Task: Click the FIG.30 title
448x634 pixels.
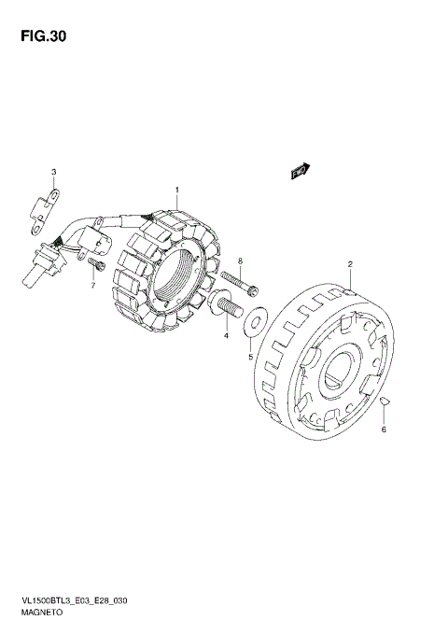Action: pos(43,36)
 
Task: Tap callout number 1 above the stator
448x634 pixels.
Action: pos(176,190)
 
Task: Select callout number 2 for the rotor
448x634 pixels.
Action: pos(350,264)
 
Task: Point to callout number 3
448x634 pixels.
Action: pos(54,172)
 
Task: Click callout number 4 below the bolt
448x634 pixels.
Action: pos(226,335)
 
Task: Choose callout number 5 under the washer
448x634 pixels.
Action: pos(250,357)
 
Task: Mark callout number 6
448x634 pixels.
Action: pos(384,429)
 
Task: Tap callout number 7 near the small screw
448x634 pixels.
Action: pos(93,286)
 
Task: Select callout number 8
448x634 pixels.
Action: pos(240,261)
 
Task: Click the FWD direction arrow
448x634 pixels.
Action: pos(301,171)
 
